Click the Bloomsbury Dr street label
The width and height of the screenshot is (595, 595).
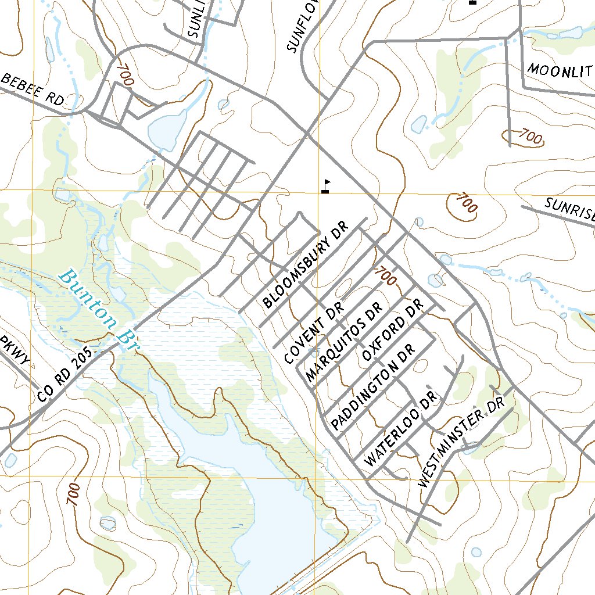(x=304, y=264)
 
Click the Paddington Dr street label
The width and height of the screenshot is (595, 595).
(x=372, y=387)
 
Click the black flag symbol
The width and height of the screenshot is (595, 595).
(x=325, y=187)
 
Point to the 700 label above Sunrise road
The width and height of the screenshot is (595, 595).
(x=465, y=203)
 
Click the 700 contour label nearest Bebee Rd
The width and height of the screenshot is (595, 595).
(x=124, y=75)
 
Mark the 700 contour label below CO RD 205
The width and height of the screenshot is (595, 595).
(x=73, y=494)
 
